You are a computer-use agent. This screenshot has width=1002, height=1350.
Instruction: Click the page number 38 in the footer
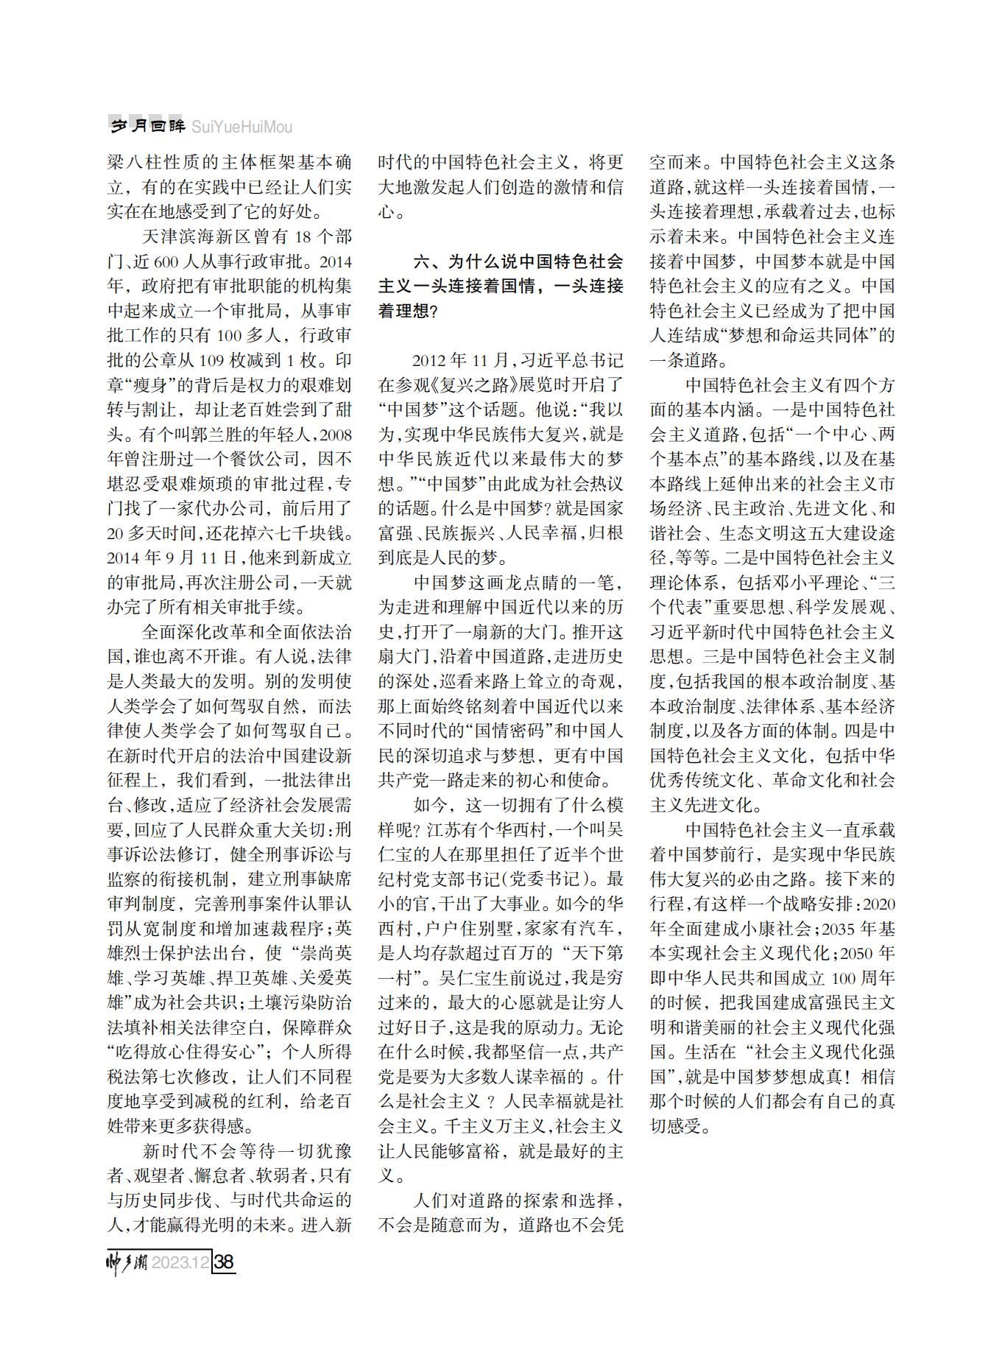(x=224, y=1262)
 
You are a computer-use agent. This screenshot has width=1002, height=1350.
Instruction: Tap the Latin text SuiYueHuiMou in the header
(x=241, y=127)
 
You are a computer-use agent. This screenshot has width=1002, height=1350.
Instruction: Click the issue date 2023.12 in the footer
(x=180, y=1262)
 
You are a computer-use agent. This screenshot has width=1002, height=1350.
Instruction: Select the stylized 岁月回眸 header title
(x=147, y=127)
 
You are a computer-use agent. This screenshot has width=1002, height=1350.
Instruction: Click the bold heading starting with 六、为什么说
(x=501, y=286)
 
